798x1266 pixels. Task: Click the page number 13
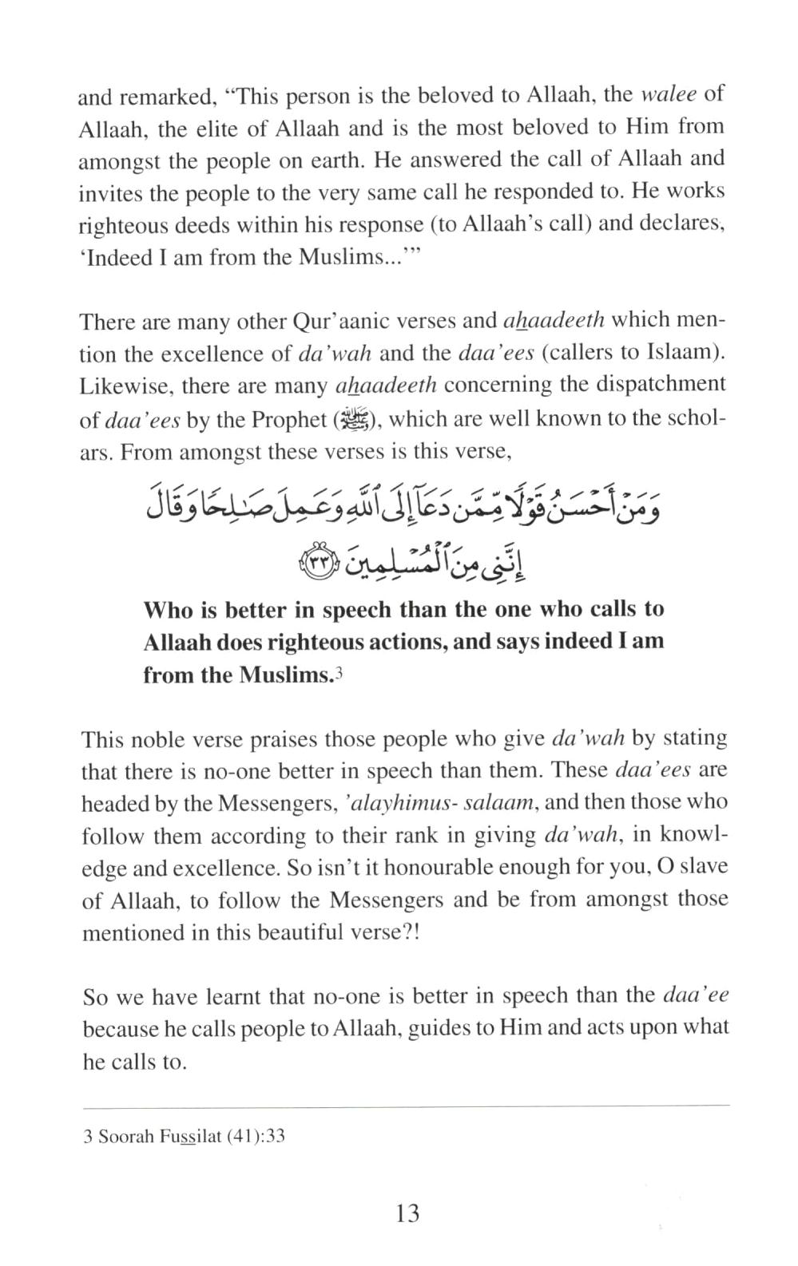[407, 1213]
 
